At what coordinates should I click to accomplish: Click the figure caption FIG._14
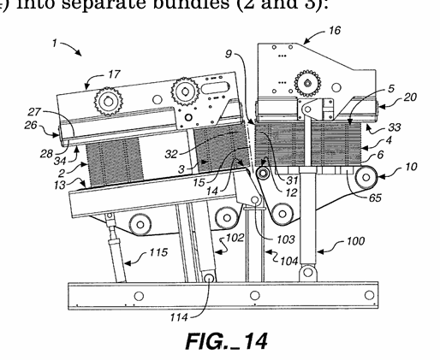coord(227,341)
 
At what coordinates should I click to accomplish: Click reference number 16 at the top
coord(335,30)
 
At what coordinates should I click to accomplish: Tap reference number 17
coord(114,74)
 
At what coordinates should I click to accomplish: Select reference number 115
coord(158,252)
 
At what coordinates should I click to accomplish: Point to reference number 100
coord(355,241)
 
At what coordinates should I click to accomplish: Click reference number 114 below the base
coord(179,317)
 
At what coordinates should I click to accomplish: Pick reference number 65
coord(375,198)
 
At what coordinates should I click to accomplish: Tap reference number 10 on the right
coord(411,167)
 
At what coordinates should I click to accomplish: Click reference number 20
coord(410,97)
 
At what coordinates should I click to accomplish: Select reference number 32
coord(171,154)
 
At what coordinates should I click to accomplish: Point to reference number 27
coord(34,112)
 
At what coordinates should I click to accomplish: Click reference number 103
coord(286,239)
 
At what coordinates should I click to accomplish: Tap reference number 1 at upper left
coord(55,44)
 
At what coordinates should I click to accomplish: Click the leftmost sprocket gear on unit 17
coord(109,101)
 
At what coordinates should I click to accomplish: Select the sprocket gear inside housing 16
coord(307,83)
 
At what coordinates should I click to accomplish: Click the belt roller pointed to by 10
coord(366,178)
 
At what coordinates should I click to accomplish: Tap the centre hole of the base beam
coord(255,296)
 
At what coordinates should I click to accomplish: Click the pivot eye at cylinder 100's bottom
coord(307,272)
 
